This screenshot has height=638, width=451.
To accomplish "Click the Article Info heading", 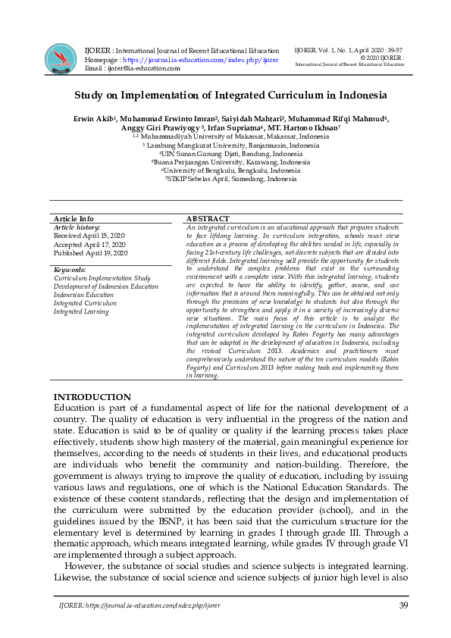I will coord(74,218).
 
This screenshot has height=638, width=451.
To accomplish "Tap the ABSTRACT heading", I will coord(208,218).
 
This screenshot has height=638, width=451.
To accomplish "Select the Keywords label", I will coord(70,270).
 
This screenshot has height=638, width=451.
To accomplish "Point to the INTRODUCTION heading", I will coord(92,397).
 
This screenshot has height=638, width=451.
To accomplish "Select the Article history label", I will coord(77,227).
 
